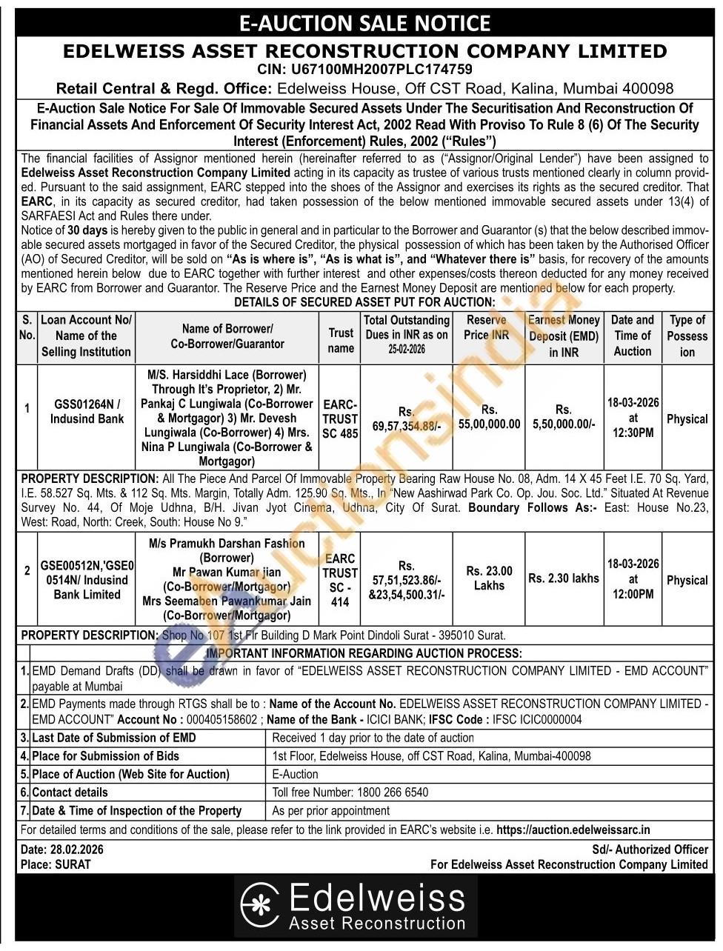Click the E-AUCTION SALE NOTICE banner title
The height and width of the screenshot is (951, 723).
(364, 24)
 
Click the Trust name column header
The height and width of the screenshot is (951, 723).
(341, 340)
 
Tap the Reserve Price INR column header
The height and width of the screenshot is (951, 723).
(487, 327)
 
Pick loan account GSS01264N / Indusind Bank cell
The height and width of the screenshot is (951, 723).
(87, 411)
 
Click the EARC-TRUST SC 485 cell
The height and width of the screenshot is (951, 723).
(340, 419)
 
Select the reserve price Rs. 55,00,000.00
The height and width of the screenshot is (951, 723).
(489, 416)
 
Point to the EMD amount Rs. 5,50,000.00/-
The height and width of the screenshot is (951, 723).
(564, 416)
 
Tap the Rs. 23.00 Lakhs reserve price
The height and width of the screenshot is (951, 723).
(489, 578)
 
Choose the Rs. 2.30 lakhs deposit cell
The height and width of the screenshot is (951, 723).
(564, 578)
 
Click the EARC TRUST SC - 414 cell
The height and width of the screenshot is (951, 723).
(340, 580)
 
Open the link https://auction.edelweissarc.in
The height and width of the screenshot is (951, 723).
(573, 830)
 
